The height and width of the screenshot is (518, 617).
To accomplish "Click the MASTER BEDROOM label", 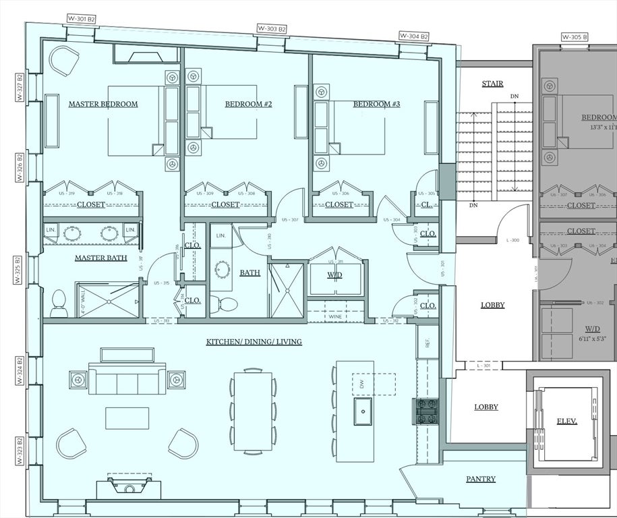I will coord(103,104).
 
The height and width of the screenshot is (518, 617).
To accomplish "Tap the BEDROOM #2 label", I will coord(248,104).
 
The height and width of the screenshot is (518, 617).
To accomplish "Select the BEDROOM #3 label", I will coord(376,104).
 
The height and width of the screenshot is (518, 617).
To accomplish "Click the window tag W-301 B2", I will coord(82,19).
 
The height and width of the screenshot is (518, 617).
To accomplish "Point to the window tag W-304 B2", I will coord(414,36).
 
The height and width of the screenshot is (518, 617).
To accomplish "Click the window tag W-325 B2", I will coord(20,269).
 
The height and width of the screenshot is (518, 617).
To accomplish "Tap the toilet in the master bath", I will coord(59,304).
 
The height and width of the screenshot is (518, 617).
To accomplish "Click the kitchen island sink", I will coord(364,409).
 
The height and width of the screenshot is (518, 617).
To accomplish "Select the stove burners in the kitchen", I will coord(427,411).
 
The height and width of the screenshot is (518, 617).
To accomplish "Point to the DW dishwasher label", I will coord(361,384).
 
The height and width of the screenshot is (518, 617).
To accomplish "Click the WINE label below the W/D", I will coord(335,316).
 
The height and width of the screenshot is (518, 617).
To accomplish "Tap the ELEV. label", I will coord(566,421).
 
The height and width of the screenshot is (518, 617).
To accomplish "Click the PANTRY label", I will coord(481,479).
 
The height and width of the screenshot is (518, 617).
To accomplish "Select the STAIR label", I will coord(492,84).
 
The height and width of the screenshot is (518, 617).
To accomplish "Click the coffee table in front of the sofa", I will coord(127,418).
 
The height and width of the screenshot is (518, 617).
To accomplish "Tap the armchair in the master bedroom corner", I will coord(65,62).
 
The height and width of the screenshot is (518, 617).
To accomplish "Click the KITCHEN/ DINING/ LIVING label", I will coord(254,342).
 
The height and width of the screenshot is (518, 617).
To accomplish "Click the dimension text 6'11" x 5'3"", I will coord(590,339).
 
